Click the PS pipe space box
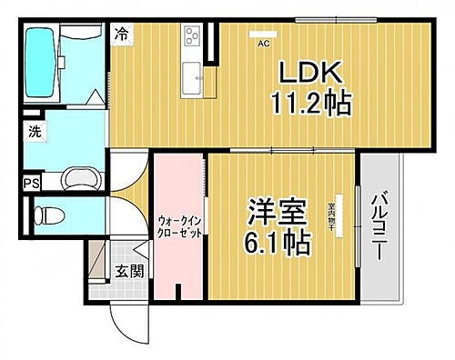click(31, 183)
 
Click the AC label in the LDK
click(263, 43)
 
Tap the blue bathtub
click(41, 65)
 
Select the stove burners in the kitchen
click(193, 37)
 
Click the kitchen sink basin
click(193, 78)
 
